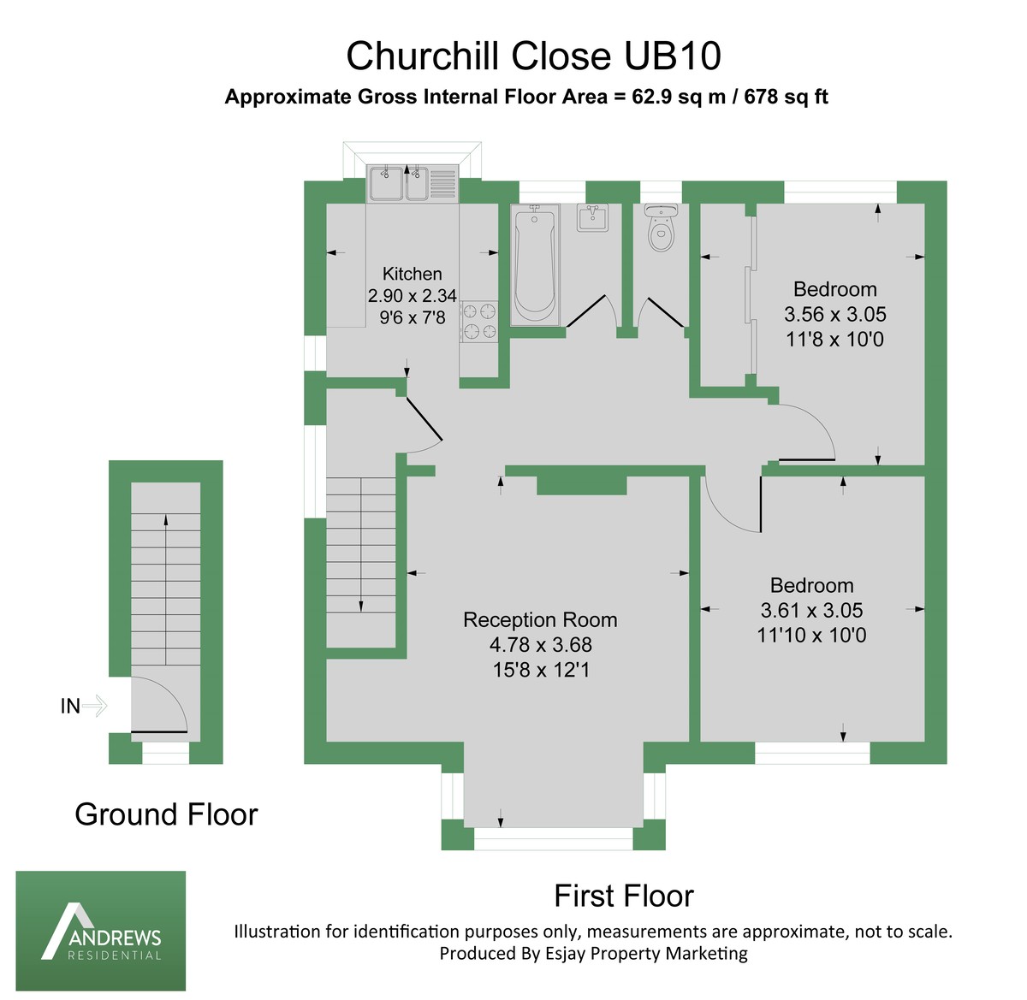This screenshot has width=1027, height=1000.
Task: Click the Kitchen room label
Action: click(x=412, y=274)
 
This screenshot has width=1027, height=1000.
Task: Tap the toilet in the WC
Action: click(x=661, y=230)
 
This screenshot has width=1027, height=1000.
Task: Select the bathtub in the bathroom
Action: click(x=534, y=264)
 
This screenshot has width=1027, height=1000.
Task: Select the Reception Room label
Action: click(x=540, y=620)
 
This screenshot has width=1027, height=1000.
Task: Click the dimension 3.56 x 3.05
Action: click(x=834, y=314)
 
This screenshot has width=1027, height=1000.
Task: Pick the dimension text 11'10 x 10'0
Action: click(x=811, y=636)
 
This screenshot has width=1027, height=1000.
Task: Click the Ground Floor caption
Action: click(x=166, y=814)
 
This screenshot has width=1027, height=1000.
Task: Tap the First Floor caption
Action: click(x=623, y=896)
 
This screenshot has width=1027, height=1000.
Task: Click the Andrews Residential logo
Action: click(x=101, y=931)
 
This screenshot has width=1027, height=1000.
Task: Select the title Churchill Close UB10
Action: click(x=533, y=56)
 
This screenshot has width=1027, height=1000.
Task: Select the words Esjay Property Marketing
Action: click(x=646, y=953)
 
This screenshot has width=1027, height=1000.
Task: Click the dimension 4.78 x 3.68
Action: click(x=540, y=645)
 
